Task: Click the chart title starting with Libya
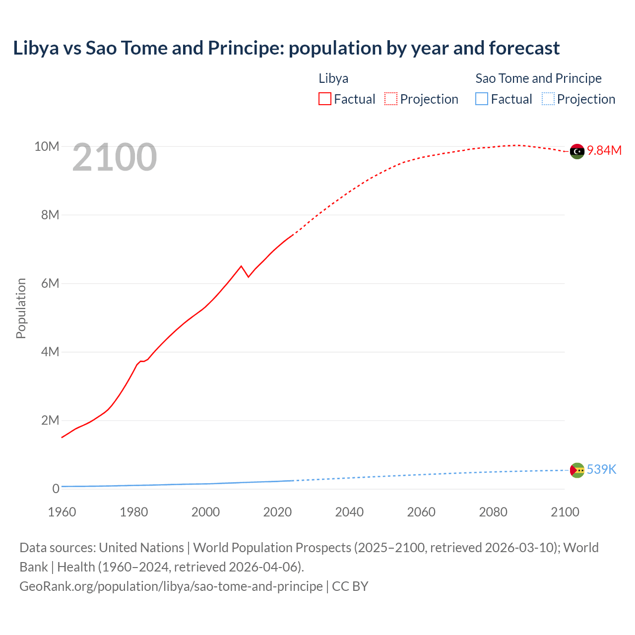click(x=286, y=48)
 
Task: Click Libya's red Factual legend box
click(x=325, y=99)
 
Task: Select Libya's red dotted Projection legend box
click(x=391, y=99)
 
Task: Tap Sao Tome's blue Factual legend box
click(x=482, y=99)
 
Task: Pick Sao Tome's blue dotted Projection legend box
click(x=548, y=99)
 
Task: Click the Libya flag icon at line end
click(x=577, y=151)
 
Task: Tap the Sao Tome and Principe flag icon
click(x=577, y=470)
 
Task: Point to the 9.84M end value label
click(x=604, y=151)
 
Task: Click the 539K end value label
click(x=601, y=470)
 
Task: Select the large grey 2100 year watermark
click(x=115, y=158)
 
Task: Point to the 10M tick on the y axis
click(x=47, y=147)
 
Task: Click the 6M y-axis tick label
click(x=50, y=284)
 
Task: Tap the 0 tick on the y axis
click(x=56, y=489)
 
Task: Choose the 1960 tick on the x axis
click(x=62, y=512)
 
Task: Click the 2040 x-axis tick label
click(x=349, y=512)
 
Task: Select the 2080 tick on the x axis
click(x=493, y=512)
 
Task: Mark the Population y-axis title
click(x=21, y=309)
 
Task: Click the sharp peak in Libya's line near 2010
click(x=241, y=266)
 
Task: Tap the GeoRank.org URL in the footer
click(x=171, y=586)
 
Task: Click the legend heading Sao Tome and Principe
click(x=538, y=78)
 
